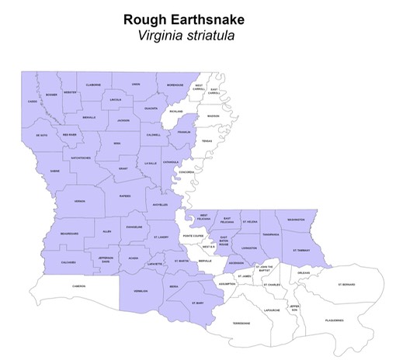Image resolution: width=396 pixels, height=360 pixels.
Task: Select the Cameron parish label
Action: (x=79, y=286)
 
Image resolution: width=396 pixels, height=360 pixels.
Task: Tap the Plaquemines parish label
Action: (x=334, y=320)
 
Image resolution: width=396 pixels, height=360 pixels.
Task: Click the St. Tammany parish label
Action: (x=301, y=251)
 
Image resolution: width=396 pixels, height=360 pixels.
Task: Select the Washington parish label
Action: (x=296, y=220)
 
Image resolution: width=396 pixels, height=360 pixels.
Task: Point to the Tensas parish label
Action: (x=207, y=141)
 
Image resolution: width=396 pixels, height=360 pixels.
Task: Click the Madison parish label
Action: (x=213, y=116)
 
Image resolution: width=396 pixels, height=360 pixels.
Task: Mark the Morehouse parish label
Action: (x=175, y=85)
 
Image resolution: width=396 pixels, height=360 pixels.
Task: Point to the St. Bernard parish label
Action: (x=346, y=285)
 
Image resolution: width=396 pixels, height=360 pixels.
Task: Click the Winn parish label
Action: (x=117, y=144)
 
